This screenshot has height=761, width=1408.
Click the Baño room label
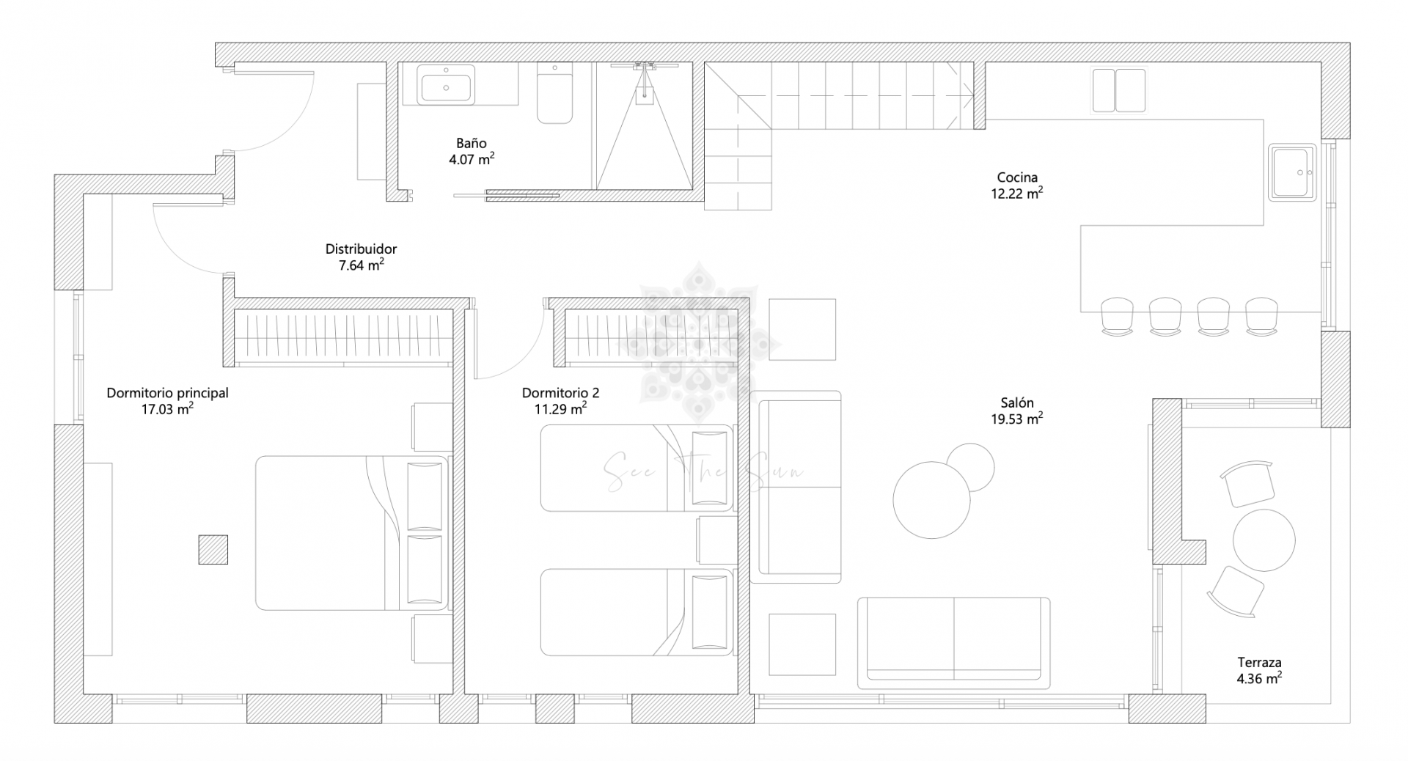[x=471, y=144]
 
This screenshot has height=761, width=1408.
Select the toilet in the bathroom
[x=554, y=93]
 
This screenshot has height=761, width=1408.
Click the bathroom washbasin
[x=447, y=84]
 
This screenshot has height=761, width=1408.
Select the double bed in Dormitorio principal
[x=351, y=533]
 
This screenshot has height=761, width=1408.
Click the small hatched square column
[x=213, y=549]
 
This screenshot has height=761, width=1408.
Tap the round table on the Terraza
[x=1264, y=540]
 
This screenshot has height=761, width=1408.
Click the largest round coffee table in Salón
[x=931, y=500]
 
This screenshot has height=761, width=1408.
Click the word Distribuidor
[x=361, y=249]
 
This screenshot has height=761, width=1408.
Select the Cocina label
[x=1017, y=177]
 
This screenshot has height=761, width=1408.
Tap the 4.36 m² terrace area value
[x=1258, y=679]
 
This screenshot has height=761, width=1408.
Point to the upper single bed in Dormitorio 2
[x=636, y=468]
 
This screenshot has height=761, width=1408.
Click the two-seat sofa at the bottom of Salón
[x=953, y=643]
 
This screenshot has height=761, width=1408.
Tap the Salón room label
[x=1017, y=402]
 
